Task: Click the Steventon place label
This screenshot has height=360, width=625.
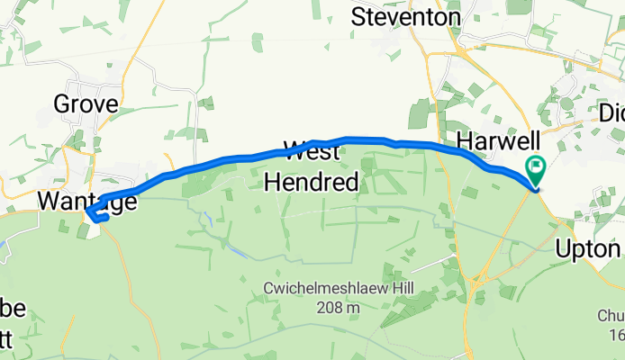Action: click(x=405, y=16)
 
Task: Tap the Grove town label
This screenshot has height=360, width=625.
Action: click(x=86, y=104)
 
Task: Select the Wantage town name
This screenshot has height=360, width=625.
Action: click(x=87, y=200)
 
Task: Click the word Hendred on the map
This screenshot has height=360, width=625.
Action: click(x=312, y=183)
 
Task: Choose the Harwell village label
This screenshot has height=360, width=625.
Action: click(x=498, y=140)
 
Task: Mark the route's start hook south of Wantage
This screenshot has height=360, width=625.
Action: click(x=95, y=215)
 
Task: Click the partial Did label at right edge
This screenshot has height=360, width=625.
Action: click(x=611, y=114)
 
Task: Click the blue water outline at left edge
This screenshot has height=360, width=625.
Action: click(x=7, y=247)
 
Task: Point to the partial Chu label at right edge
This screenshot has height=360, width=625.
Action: click(x=611, y=316)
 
